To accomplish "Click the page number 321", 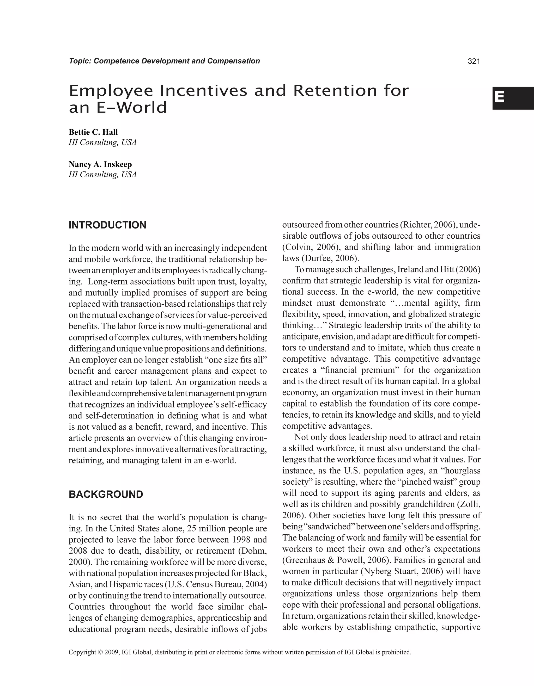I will coord(474,61).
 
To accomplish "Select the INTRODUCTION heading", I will coord(107,225).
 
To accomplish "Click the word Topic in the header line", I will coord(79,61).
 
